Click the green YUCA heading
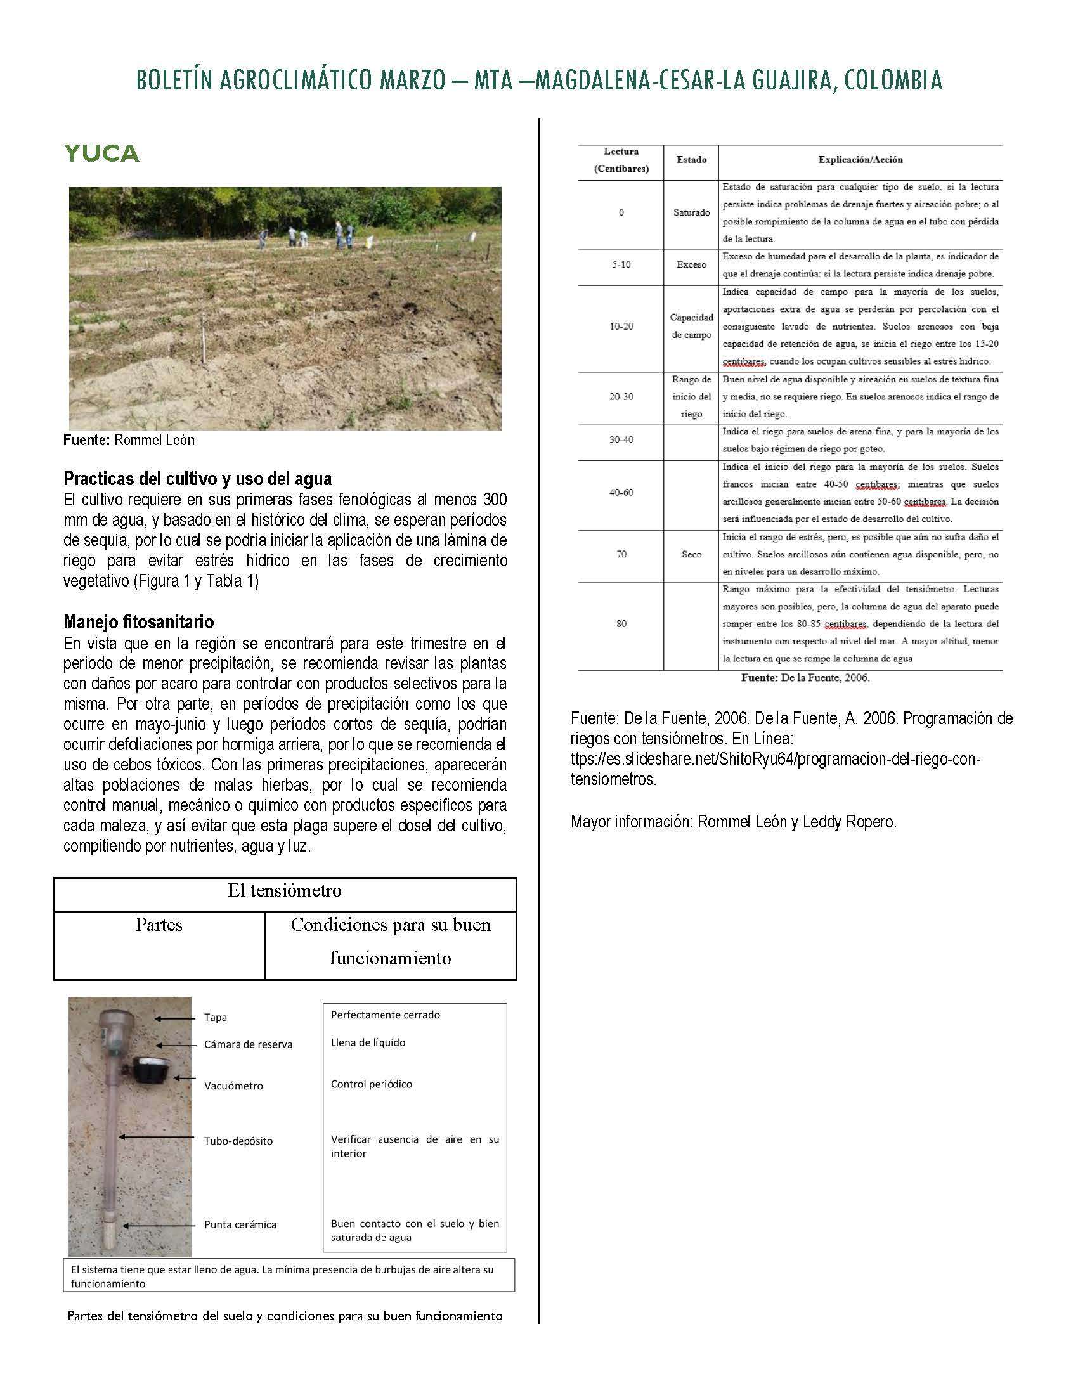tap(101, 153)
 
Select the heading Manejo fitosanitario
tap(139, 621)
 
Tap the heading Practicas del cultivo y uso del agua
tap(197, 478)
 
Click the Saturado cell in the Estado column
tap(691, 212)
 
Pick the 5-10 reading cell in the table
tap(621, 264)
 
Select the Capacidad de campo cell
tap(691, 326)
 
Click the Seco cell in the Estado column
tap(691, 554)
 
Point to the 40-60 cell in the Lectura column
tap(621, 493)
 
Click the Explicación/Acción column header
tap(860, 160)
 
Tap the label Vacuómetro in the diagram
tap(233, 1086)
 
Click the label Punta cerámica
tap(240, 1224)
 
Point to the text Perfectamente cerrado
tap(385, 1015)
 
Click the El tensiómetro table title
tap(284, 890)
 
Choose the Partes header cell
tap(159, 925)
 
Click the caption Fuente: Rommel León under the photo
tap(129, 440)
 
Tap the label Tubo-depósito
tap(238, 1141)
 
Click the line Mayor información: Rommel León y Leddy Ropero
tap(733, 822)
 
